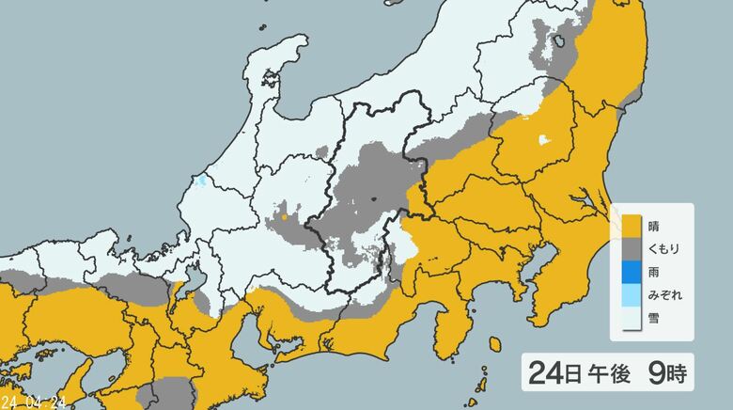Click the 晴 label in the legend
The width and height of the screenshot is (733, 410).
pyautogui.click(x=654, y=225)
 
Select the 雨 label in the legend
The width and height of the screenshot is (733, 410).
pyautogui.click(x=654, y=272)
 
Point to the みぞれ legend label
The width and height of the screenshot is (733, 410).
pyautogui.click(x=664, y=295)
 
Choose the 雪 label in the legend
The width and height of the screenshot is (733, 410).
pyautogui.click(x=654, y=319)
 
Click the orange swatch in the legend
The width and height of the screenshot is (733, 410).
pyautogui.click(x=629, y=225)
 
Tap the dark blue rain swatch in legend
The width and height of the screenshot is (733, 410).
pyautogui.click(x=629, y=272)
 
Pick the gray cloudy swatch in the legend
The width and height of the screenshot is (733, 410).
pyautogui.click(x=629, y=248)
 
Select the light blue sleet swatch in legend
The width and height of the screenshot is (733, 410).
pyautogui.click(x=629, y=295)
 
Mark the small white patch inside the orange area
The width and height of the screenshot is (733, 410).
pyautogui.click(x=542, y=141)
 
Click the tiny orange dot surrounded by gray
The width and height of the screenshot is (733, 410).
pyautogui.click(x=284, y=217)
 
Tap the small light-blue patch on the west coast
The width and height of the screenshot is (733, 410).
pyautogui.click(x=200, y=181)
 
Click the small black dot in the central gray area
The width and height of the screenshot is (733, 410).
pyautogui.click(x=373, y=198)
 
